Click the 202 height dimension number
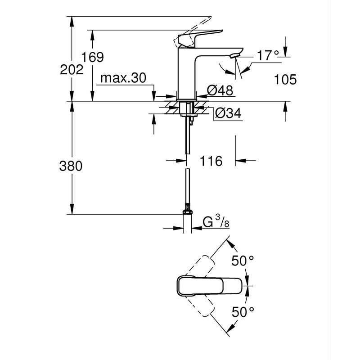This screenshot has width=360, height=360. [72, 70]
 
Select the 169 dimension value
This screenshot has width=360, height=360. [93, 57]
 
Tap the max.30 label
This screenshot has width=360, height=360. [123, 78]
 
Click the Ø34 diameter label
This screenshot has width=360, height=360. [228, 113]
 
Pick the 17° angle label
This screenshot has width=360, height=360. [268, 56]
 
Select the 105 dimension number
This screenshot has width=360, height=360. [285, 80]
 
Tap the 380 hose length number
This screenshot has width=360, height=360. [71, 166]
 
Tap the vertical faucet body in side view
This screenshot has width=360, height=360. [187, 74]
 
